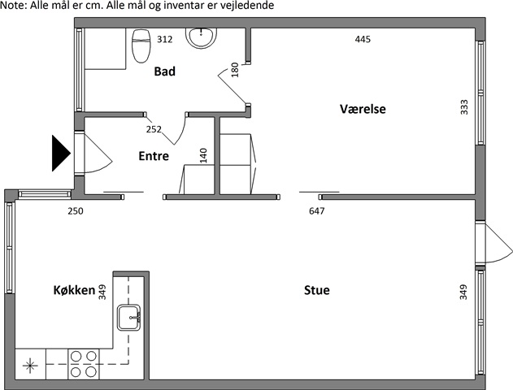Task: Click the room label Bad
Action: click(164, 71)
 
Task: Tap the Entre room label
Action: click(154, 156)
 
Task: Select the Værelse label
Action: click(363, 109)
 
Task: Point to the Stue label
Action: click(317, 290)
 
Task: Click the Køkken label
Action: click(74, 290)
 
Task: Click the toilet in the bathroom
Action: click(141, 45)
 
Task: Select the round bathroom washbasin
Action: click(201, 37)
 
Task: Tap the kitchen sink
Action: click(129, 318)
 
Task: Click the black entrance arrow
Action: click(61, 154)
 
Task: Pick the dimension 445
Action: click(363, 40)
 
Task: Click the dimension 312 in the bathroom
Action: click(164, 40)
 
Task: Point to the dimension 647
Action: click(317, 211)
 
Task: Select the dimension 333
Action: click(464, 107)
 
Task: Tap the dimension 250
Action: click(76, 211)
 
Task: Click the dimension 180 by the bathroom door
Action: click(235, 70)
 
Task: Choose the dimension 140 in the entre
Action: click(203, 156)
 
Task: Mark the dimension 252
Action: click(154, 129)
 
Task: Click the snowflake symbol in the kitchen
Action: click(30, 365)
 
